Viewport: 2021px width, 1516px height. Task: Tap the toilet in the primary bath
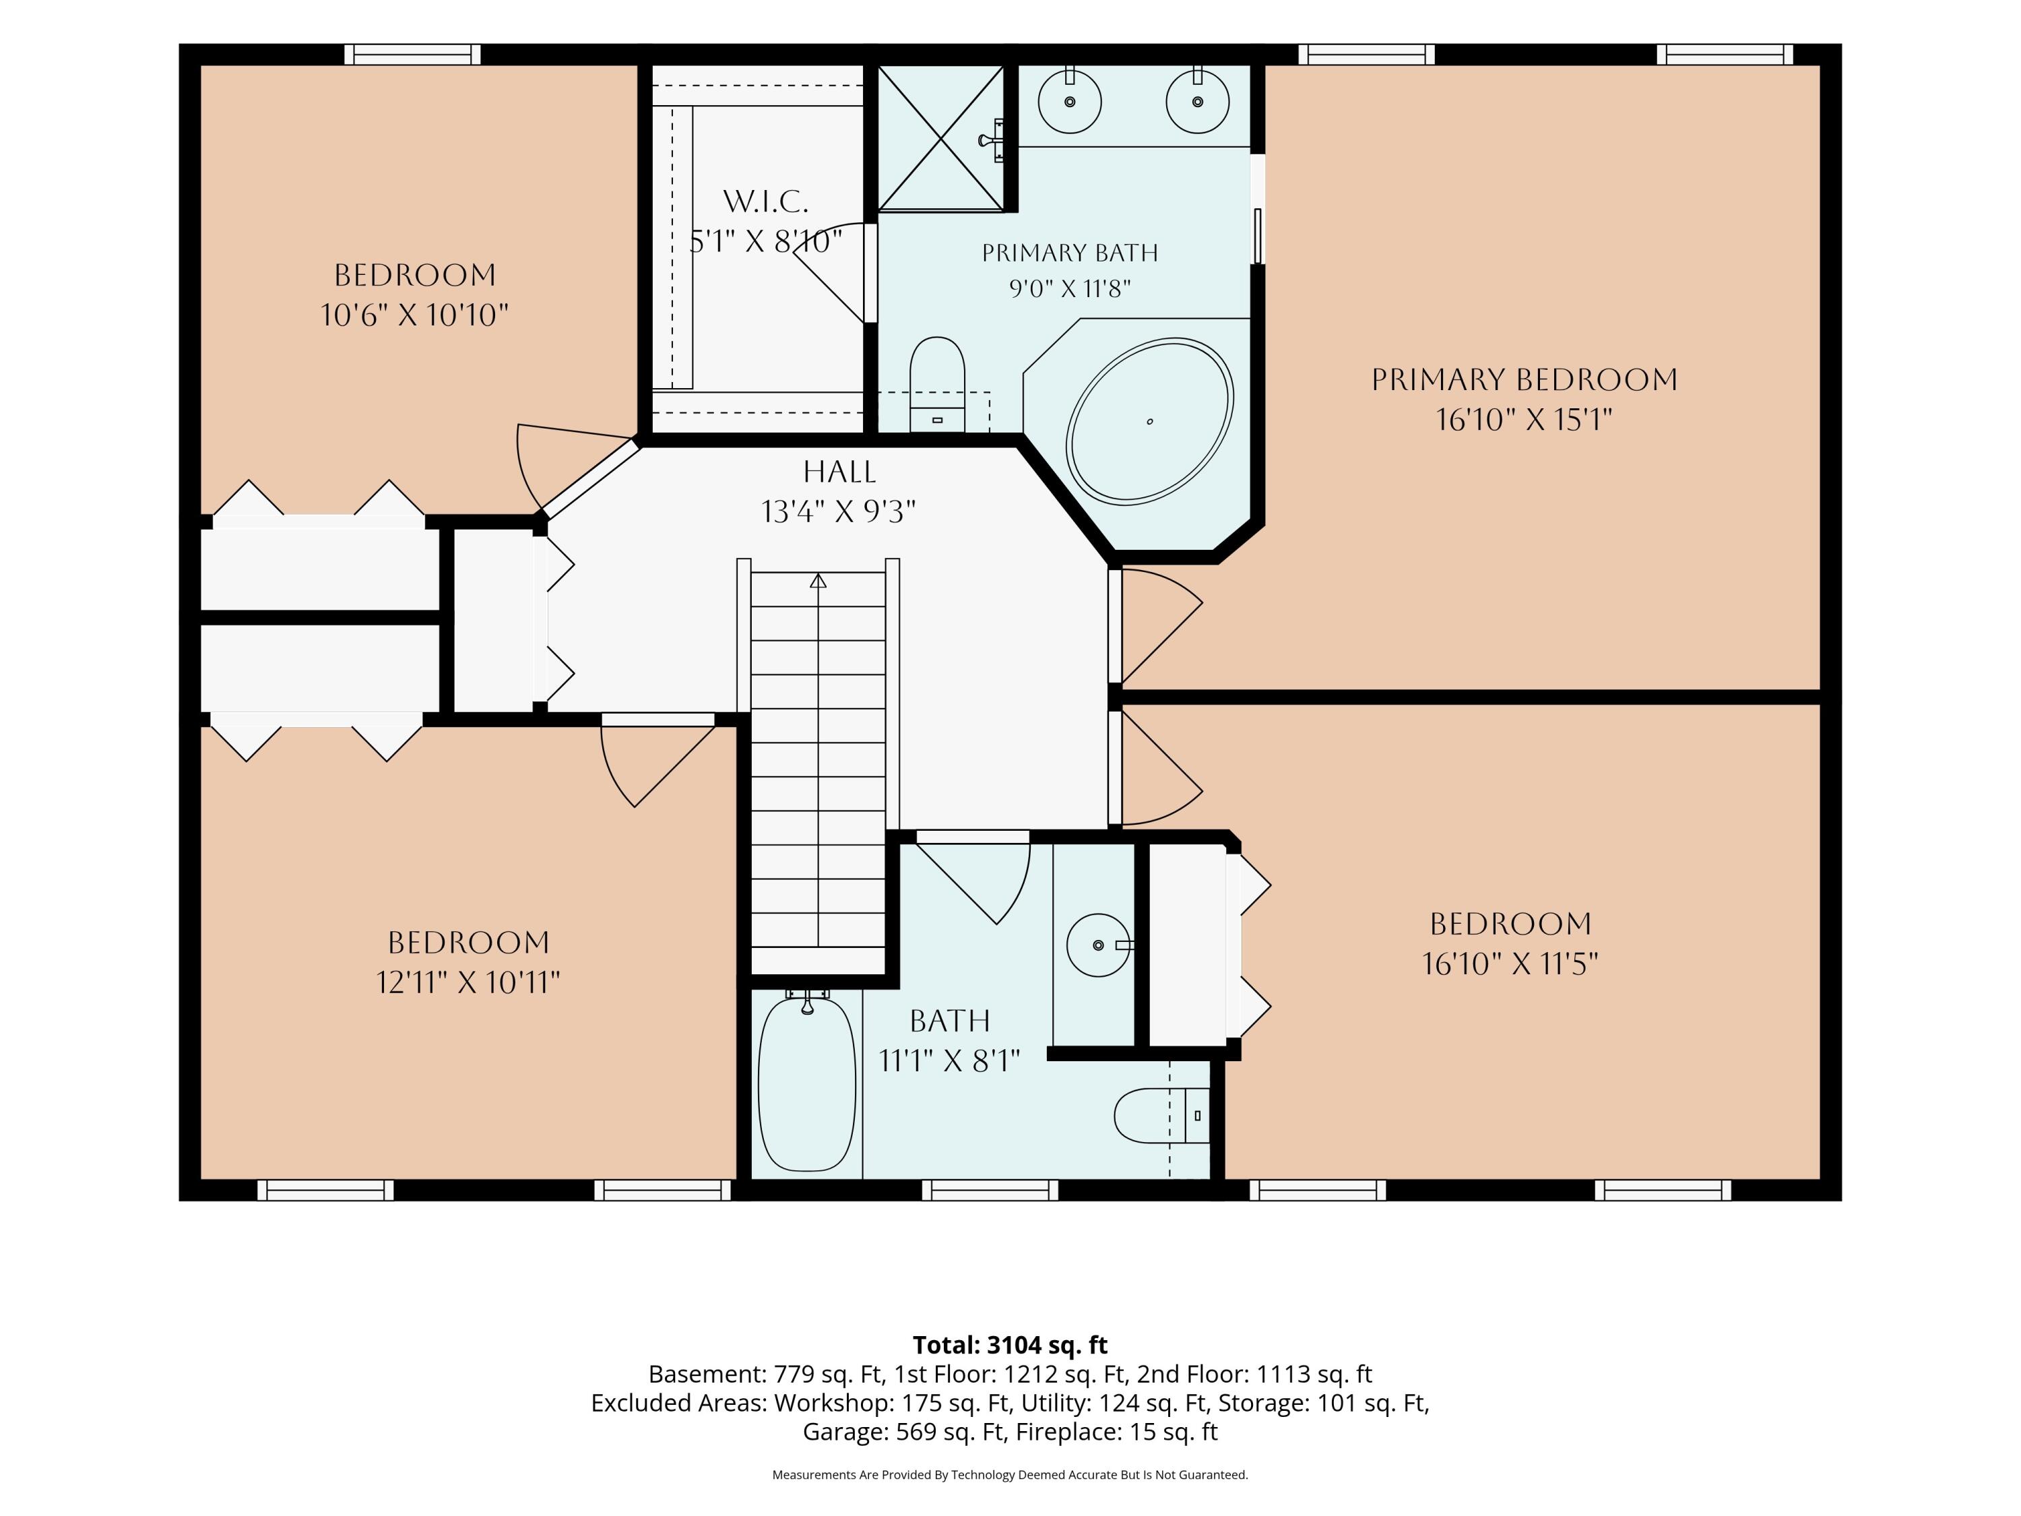click(x=938, y=384)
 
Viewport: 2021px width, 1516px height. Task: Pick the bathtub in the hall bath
click(x=807, y=1083)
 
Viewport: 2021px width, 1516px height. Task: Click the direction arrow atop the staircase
click(x=818, y=580)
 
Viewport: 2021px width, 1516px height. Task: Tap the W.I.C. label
click(x=766, y=201)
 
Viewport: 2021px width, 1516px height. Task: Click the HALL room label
click(x=839, y=472)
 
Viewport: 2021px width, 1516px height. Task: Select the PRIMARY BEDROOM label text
click(x=1524, y=379)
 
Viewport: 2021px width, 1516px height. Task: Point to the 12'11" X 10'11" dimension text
click(x=468, y=982)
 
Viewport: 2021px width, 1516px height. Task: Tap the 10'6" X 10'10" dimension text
click(x=414, y=315)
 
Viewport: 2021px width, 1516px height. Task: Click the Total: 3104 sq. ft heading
click(x=1010, y=1345)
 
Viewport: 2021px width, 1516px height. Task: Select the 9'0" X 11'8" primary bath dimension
click(x=1070, y=289)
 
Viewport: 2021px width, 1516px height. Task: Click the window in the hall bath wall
click(x=990, y=1190)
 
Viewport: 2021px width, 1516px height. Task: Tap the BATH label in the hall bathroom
click(x=949, y=1020)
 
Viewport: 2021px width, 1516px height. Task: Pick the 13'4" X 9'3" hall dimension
click(x=839, y=511)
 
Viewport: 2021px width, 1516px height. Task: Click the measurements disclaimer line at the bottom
click(x=1010, y=1475)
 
